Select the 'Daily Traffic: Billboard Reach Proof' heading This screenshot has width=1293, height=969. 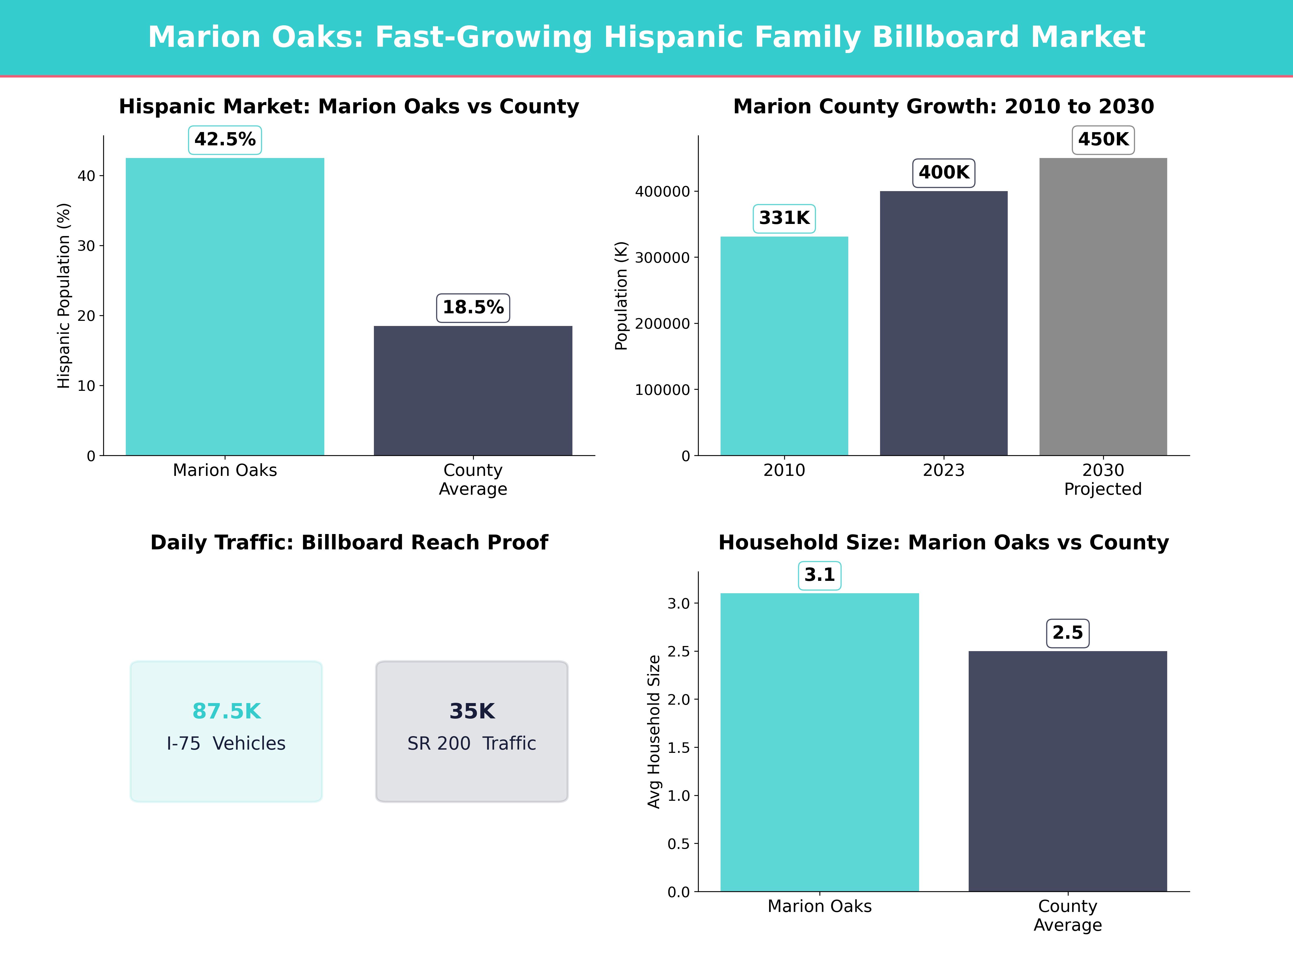click(x=349, y=543)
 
